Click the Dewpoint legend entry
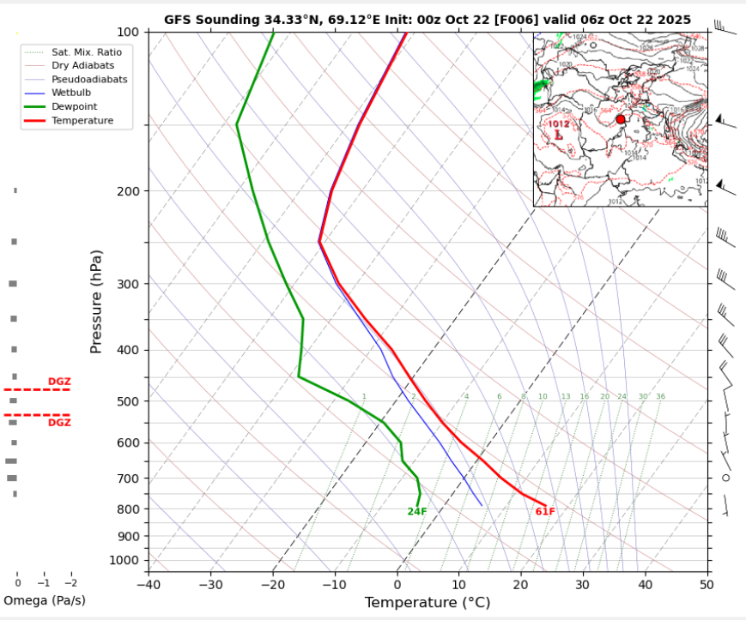[x=74, y=107]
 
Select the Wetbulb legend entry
[x=71, y=93]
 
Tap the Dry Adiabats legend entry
[x=82, y=65]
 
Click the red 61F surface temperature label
[x=545, y=512]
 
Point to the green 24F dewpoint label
[x=417, y=512]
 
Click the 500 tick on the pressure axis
[x=127, y=401]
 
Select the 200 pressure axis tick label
[x=127, y=191]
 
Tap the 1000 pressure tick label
[x=124, y=560]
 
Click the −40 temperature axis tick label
[x=149, y=585]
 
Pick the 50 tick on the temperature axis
[x=707, y=585]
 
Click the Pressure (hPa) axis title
[x=96, y=302]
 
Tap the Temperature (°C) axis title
[x=428, y=603]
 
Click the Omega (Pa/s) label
[x=45, y=600]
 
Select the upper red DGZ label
[x=59, y=382]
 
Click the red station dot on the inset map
[x=621, y=119]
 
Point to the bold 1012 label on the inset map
[x=560, y=123]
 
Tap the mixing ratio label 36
[x=660, y=396]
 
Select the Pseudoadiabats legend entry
[x=89, y=79]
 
